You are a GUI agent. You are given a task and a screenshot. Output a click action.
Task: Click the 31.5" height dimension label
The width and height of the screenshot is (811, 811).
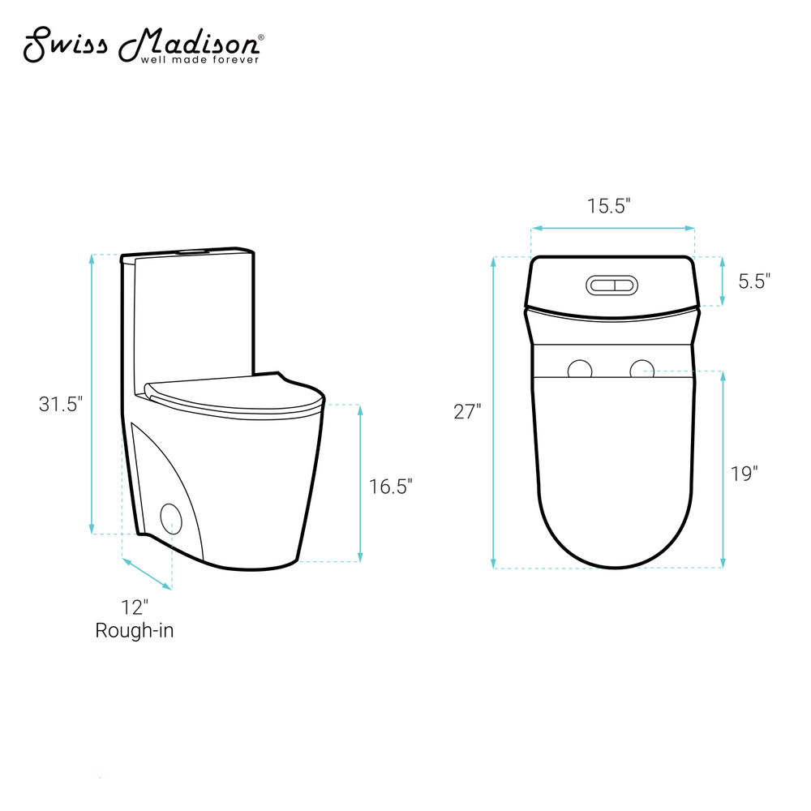(61, 404)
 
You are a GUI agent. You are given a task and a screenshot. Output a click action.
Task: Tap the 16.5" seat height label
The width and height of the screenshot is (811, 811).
(391, 487)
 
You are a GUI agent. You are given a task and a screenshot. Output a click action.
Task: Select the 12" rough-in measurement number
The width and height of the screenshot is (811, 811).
(135, 607)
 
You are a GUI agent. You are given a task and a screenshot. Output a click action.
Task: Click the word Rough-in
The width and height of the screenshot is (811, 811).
(135, 630)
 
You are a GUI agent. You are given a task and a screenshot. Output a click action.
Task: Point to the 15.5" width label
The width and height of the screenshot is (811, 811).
(609, 206)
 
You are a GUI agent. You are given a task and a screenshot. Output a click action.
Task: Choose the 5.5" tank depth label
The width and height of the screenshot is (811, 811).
(754, 281)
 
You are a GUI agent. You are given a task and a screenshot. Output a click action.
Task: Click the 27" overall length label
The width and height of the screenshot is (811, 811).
(467, 412)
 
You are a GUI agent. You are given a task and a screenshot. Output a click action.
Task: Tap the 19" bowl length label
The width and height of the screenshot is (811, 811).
(744, 474)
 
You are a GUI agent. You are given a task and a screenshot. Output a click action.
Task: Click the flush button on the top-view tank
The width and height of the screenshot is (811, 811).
(611, 285)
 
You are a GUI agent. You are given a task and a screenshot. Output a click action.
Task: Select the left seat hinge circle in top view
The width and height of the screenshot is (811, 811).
(580, 371)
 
